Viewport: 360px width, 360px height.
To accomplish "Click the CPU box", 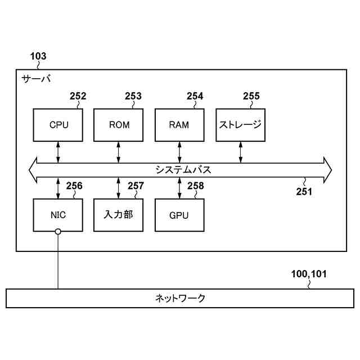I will [58, 124].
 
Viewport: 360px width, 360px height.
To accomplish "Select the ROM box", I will [119, 124].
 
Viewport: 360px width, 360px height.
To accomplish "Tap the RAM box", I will [179, 124].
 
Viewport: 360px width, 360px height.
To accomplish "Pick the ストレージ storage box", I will [240, 124].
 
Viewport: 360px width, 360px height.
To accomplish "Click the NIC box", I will [58, 215].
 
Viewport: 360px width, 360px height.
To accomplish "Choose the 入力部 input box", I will [119, 215].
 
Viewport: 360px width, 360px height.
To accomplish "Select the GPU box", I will [179, 215].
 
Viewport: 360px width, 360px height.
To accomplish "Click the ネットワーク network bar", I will [180, 298].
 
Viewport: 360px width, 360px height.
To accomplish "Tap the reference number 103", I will [38, 56].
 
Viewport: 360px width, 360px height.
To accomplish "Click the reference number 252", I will [78, 96].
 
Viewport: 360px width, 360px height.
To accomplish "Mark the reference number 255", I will [251, 96].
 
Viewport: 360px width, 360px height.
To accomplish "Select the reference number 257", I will [136, 186].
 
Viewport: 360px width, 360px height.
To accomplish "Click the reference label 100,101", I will [309, 274].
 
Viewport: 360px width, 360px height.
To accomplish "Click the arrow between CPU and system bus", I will [58, 152].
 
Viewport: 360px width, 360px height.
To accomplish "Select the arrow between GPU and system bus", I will [179, 188].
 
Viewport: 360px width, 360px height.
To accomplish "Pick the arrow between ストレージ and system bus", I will [240, 152].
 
